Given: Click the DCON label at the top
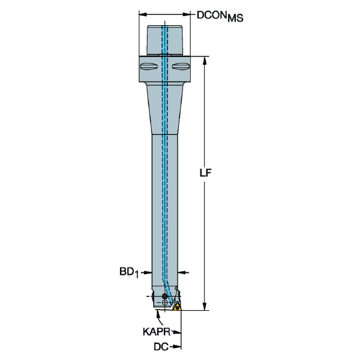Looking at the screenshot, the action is tap(212, 16).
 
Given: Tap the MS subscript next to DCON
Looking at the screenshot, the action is tap(235, 18).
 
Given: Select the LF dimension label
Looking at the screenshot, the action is tap(205, 173).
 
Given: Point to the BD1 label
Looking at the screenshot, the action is tap(130, 272).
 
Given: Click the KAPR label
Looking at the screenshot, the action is tap(157, 332).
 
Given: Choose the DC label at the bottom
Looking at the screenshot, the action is tap(161, 347).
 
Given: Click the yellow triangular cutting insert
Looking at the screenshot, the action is tap(177, 307).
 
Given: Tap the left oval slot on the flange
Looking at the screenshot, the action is tap(149, 67).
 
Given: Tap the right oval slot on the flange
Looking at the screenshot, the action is tap(181, 67).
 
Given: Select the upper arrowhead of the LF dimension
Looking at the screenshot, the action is tap(205, 61).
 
